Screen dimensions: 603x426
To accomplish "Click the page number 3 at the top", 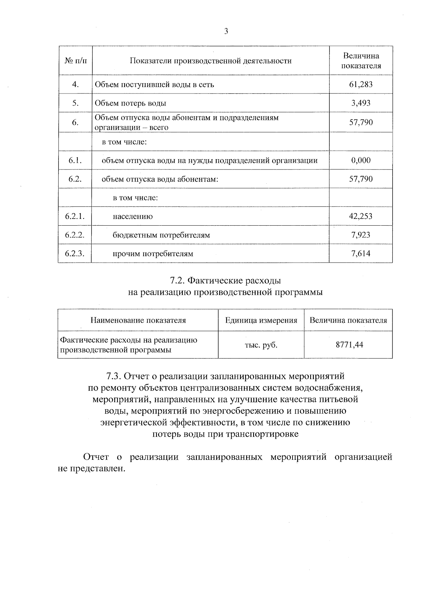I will pyautogui.click(x=226, y=31).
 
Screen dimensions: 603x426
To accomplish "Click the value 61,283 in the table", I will pyautogui.click(x=361, y=85).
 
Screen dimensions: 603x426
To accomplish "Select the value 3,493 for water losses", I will pyautogui.click(x=361, y=103).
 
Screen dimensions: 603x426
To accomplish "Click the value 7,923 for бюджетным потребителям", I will pyautogui.click(x=361, y=235).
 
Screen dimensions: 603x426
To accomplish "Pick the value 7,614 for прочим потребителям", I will pyautogui.click(x=361, y=253).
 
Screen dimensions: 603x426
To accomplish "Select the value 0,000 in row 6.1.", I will pyautogui.click(x=361, y=160).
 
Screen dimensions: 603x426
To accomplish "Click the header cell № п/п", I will pyautogui.click(x=76, y=61).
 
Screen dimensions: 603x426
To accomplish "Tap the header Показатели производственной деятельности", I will pyautogui.click(x=211, y=61).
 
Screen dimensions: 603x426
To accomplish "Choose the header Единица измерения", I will pyautogui.click(x=261, y=321).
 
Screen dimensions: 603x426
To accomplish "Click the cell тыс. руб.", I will pyautogui.click(x=261, y=345).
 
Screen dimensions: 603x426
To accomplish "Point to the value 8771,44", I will pyautogui.click(x=349, y=345).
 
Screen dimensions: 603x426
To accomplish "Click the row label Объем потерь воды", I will pyautogui.click(x=130, y=103).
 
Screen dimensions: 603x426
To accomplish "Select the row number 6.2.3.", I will pyautogui.click(x=75, y=254).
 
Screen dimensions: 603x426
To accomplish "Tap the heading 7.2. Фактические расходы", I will pyautogui.click(x=225, y=281).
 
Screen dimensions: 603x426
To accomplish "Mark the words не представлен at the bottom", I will pyautogui.click(x=92, y=468).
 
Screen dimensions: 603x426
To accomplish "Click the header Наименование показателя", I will pyautogui.click(x=138, y=321).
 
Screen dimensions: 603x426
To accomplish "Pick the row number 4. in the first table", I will pyautogui.click(x=75, y=85).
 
